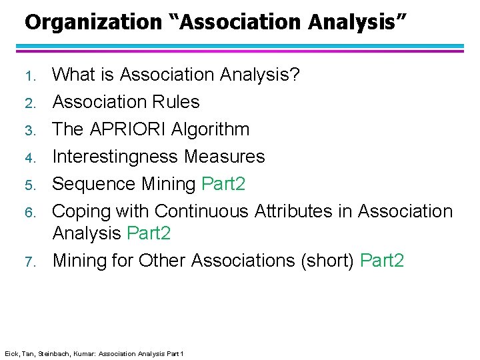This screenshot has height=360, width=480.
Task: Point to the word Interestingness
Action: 116,157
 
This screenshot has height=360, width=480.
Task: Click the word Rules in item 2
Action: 176,102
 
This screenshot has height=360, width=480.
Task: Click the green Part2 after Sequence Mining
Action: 223,184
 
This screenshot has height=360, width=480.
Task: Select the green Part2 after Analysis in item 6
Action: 148,233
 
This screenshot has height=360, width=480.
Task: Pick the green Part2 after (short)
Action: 381,260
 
